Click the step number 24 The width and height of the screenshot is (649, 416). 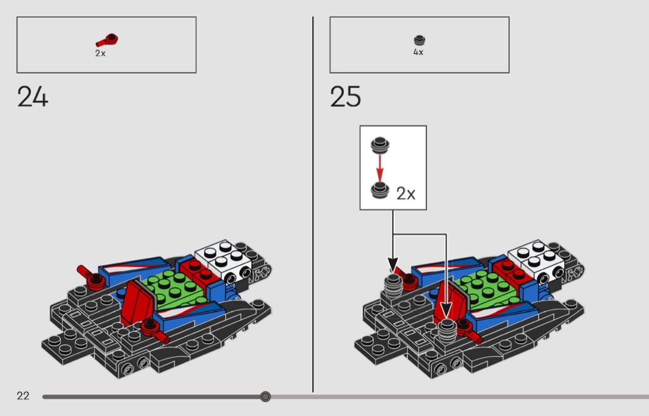(x=33, y=96)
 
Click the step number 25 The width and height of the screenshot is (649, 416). (x=346, y=96)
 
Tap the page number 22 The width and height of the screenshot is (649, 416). (x=23, y=396)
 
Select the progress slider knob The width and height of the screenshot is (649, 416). (x=265, y=397)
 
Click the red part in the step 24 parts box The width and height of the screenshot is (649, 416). (x=107, y=41)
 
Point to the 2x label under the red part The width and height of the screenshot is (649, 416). (x=101, y=53)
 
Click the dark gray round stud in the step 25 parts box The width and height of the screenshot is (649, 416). (x=419, y=40)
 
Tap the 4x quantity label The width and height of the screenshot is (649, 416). (x=418, y=52)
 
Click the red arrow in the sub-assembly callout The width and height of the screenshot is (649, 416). (x=380, y=168)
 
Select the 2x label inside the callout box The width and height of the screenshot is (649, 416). (x=405, y=193)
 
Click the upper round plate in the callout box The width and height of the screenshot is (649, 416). (x=380, y=145)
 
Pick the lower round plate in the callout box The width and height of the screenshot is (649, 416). (x=380, y=190)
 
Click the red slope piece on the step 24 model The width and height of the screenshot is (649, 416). (x=137, y=302)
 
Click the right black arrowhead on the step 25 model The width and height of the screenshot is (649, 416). (x=446, y=309)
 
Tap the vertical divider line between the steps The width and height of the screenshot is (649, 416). (x=313, y=205)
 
